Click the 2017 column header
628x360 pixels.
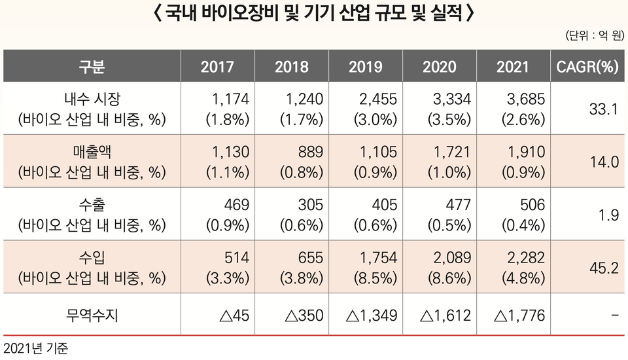(217, 66)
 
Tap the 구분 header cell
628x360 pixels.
(92, 66)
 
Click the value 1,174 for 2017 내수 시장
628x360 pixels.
(230, 99)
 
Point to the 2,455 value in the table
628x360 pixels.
(378, 99)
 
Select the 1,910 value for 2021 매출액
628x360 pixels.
(526, 152)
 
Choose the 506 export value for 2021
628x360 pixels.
(532, 205)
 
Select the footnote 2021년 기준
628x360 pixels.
(36, 348)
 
